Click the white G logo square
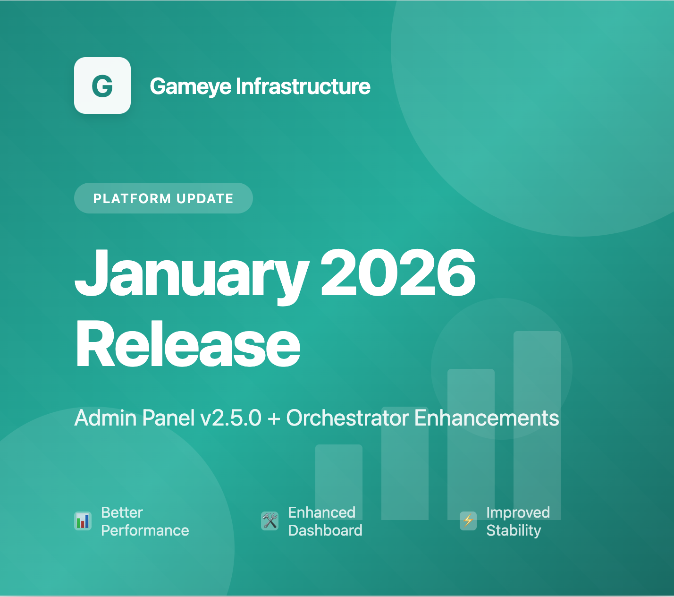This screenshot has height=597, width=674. pyautogui.click(x=102, y=85)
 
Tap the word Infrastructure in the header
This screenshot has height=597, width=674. pyautogui.click(x=303, y=86)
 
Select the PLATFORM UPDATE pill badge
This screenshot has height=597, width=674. pyautogui.click(x=163, y=198)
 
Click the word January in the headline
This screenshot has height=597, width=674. pyautogui.click(x=192, y=274)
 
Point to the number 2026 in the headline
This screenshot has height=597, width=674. pyautogui.click(x=398, y=273)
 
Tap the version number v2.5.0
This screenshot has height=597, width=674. pyautogui.click(x=231, y=418)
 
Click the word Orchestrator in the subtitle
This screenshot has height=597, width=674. pyautogui.click(x=347, y=418)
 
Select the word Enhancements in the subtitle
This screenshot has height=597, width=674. pyautogui.click(x=487, y=418)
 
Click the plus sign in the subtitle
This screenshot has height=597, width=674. pyautogui.click(x=274, y=418)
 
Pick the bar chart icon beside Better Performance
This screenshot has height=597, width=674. pyautogui.click(x=83, y=521)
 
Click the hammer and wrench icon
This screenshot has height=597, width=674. pyautogui.click(x=270, y=521)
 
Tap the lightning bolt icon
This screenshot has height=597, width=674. pyautogui.click(x=468, y=521)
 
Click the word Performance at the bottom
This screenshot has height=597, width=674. pyautogui.click(x=145, y=530)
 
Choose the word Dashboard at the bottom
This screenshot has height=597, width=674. pyautogui.click(x=325, y=530)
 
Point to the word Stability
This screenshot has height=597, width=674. pyautogui.click(x=514, y=530)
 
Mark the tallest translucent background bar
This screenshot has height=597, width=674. pyautogui.click(x=537, y=378)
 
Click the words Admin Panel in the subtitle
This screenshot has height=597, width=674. pyautogui.click(x=135, y=418)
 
